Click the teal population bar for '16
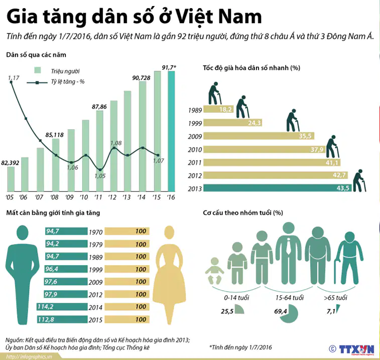click(x=171, y=131)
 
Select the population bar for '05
click(x=11, y=179)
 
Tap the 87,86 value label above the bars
click(x=99, y=106)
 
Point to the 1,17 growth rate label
click(x=14, y=78)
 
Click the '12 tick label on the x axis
click(x=112, y=197)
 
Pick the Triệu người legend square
click(x=38, y=70)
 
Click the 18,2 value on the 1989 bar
click(x=225, y=109)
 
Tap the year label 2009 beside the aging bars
click(x=195, y=137)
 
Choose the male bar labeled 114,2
click(x=62, y=307)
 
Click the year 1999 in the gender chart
click(x=95, y=270)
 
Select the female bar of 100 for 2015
click(x=127, y=319)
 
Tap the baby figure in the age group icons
click(x=215, y=271)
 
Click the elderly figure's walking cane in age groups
click(x=336, y=272)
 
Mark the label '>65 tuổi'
click(x=335, y=297)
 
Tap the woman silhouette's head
click(x=169, y=232)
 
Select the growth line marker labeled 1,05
click(x=100, y=170)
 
